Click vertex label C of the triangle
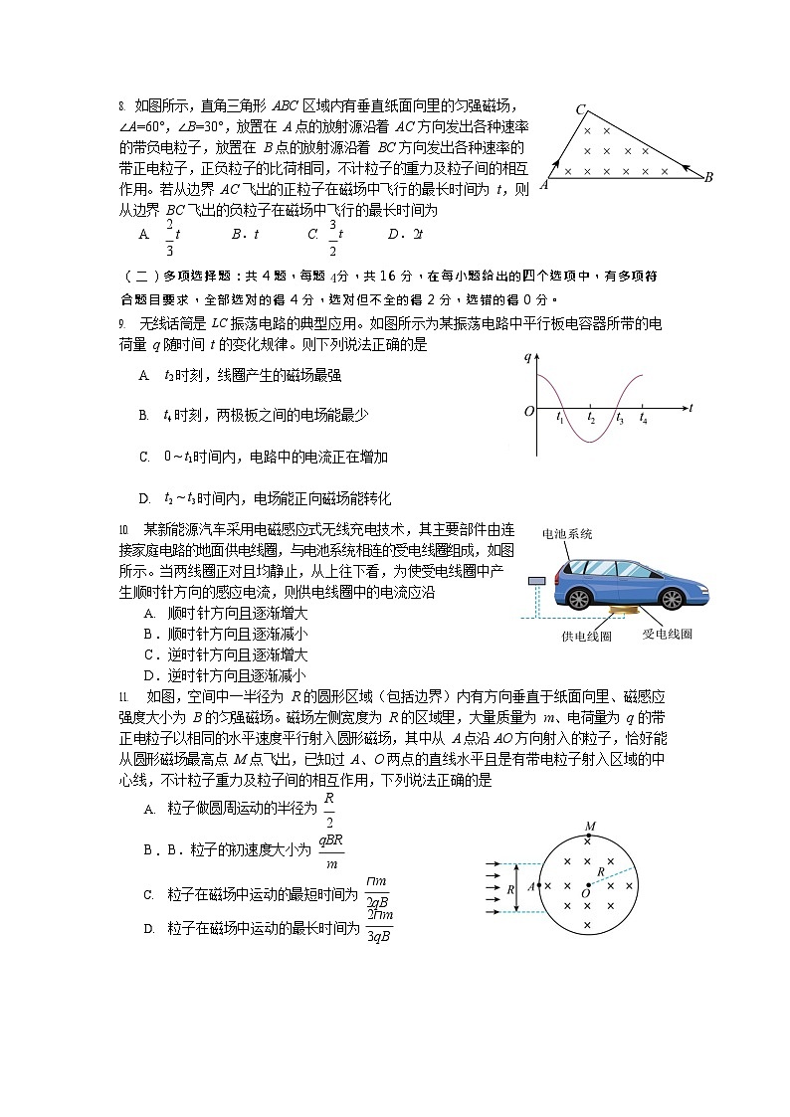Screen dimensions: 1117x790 (x=579, y=109)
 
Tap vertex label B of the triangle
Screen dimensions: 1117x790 (x=708, y=178)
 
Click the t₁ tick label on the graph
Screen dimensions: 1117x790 (x=561, y=420)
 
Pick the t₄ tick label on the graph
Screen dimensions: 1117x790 (x=644, y=420)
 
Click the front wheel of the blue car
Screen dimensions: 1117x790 (x=672, y=598)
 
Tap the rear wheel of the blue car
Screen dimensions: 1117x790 (x=579, y=597)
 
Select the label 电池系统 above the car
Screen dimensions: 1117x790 (x=567, y=534)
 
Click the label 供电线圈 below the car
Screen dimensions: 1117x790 (x=586, y=636)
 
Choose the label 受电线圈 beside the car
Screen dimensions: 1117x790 (x=667, y=634)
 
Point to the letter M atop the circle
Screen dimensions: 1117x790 (x=590, y=827)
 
